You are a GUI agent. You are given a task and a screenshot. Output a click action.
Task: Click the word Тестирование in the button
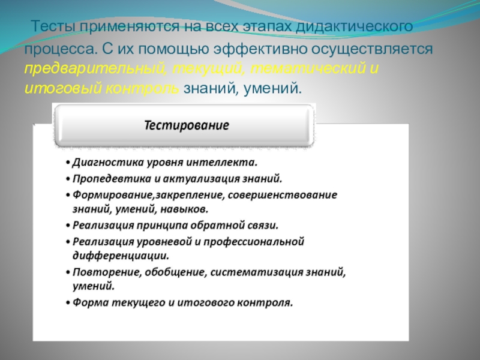coord(187,125)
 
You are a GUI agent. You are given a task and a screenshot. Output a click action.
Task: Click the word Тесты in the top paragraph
coord(53,26)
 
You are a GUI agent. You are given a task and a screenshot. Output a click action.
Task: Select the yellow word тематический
coord(308,68)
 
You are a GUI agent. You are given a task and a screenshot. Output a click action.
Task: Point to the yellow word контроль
coord(142,88)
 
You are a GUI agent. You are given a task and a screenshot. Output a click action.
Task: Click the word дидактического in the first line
coord(355,27)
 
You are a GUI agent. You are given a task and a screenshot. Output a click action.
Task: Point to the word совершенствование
coord(283,194)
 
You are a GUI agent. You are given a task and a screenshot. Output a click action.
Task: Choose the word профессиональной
coord(254,242)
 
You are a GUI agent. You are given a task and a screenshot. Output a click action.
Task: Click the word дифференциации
coord(121,256)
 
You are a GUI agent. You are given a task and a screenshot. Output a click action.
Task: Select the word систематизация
coord(257,272)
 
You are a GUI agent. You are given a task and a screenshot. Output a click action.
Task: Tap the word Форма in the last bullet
coord(91,303)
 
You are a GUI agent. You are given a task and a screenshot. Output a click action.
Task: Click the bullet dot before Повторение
coord(68,272)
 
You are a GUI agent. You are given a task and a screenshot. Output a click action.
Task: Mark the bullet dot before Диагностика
coord(68,163)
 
